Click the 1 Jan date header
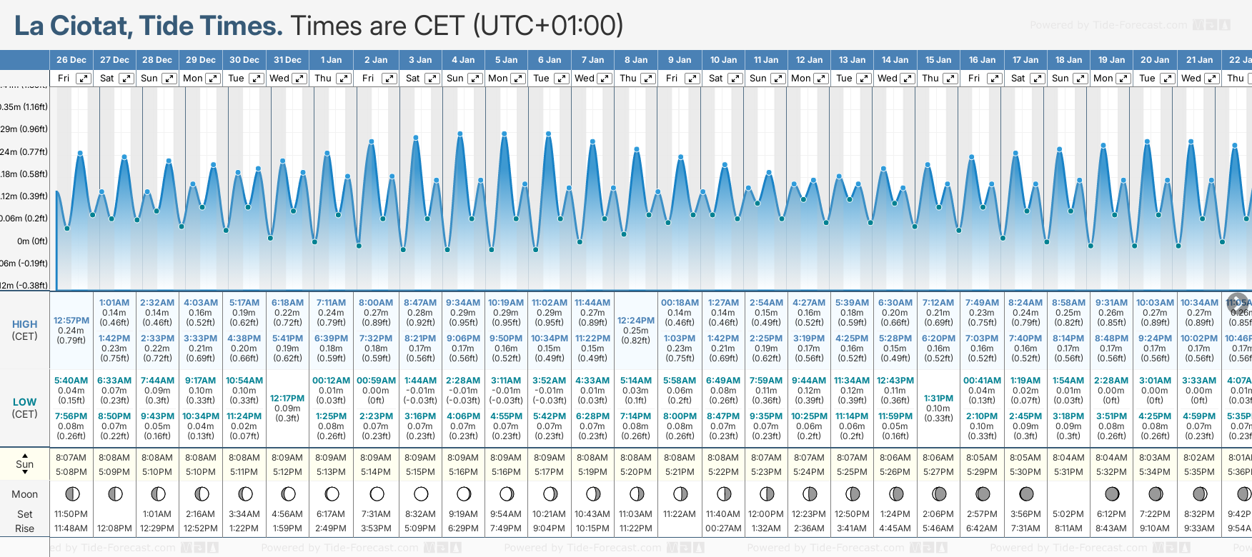331,60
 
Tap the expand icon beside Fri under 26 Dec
84,79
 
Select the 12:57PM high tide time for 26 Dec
71,321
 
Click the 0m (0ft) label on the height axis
32,241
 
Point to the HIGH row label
24,324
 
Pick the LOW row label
24,402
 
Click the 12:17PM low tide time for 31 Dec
287,398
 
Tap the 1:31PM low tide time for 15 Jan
938,398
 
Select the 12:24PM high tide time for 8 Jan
636,321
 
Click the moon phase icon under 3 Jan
421,494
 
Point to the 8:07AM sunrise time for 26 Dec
71,458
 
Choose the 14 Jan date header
895,60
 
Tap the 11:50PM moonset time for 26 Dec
71,514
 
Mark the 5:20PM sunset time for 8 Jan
636,472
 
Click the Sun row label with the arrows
24,463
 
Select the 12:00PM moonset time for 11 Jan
766,514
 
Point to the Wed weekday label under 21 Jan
1191,79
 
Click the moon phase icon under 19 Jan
1112,494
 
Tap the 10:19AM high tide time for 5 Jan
506,303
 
